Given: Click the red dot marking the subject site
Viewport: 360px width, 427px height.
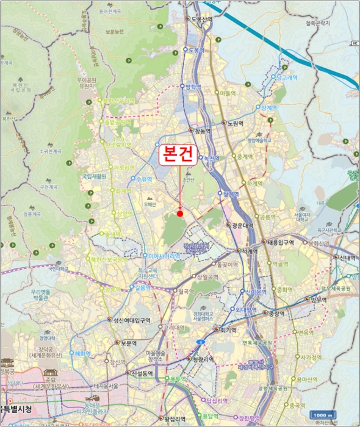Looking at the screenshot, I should pos(180,213).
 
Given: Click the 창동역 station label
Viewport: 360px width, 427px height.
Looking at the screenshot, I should pos(202,131).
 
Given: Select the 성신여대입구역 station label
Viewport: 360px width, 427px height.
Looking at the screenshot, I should pos(131,320).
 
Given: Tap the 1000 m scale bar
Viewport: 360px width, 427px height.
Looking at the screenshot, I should pos(324,415).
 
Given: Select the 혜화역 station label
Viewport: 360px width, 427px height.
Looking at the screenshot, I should pos(82,354).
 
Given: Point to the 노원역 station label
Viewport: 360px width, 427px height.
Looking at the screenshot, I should pos(235,123).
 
